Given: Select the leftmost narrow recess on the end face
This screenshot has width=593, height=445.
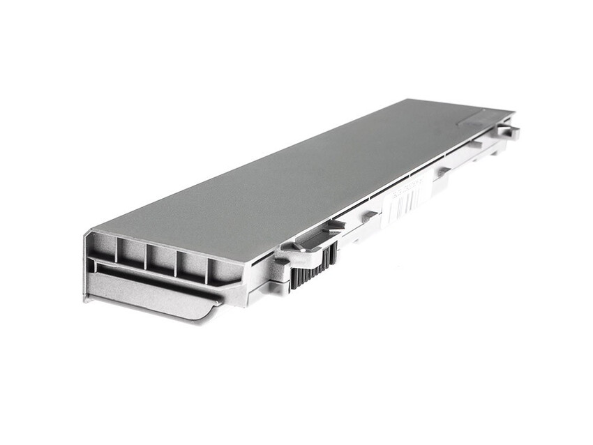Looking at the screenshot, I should click(105, 247).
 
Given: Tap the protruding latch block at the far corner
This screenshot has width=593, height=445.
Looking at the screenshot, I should click(508, 130).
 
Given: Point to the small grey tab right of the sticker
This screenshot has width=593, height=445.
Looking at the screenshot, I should click(443, 170).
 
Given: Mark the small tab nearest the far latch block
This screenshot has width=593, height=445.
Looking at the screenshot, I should click(476, 145).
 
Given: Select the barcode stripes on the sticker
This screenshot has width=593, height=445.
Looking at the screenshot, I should click(412, 200).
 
